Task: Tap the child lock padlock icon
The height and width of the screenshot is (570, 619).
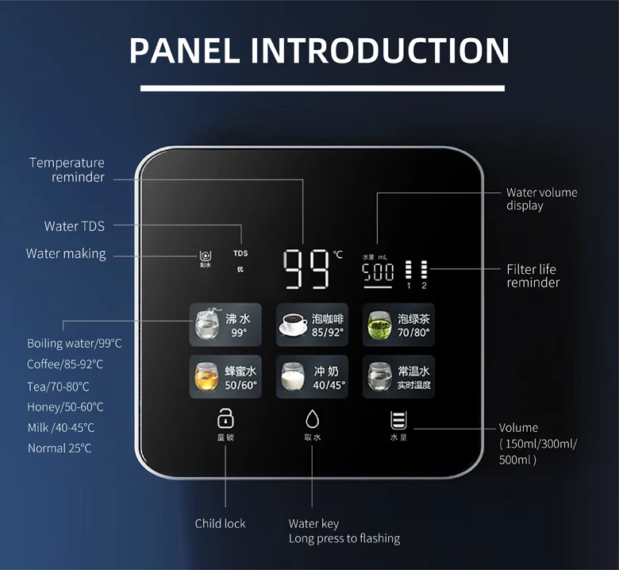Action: pos(225,418)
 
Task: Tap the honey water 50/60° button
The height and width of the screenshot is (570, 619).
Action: pos(224,377)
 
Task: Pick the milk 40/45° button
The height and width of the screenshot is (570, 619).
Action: pos(311,377)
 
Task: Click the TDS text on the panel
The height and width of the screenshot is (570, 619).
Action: pos(240,253)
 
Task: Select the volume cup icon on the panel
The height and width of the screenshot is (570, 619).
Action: pos(398,420)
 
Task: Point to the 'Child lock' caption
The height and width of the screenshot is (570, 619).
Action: pos(220,523)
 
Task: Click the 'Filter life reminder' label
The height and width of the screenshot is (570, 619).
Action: pos(532,275)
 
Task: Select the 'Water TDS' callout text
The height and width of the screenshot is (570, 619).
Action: pos(74,226)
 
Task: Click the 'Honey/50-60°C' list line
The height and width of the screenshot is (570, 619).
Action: pos(65,407)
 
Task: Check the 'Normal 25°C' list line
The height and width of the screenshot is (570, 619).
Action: pos(60,449)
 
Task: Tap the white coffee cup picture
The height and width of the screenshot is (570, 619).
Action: pos(294,324)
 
